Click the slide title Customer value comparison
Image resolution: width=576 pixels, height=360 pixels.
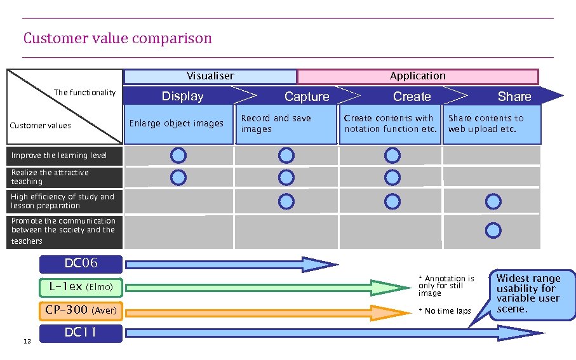[117, 39]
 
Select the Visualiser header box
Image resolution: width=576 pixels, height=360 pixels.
[210, 76]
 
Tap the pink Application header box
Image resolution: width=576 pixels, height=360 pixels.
[417, 76]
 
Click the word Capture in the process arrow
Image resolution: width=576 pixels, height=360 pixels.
[307, 97]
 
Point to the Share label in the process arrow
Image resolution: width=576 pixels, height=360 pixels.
[514, 97]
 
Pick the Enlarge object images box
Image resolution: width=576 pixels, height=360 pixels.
[177, 124]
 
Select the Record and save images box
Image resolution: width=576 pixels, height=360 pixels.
[286, 124]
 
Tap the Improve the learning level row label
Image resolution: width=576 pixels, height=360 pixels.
[65, 156]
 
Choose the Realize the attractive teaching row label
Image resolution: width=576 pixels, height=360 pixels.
[65, 177]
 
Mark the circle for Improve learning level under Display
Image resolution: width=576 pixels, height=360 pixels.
[179, 156]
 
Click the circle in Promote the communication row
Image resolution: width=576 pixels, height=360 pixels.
[493, 229]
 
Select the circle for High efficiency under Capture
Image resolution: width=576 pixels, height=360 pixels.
[286, 202]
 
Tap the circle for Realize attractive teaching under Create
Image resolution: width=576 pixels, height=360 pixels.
[392, 178]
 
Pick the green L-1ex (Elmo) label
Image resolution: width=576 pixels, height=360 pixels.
[81, 287]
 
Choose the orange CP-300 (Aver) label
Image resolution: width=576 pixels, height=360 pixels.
[81, 310]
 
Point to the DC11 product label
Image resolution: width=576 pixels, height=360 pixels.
[81, 333]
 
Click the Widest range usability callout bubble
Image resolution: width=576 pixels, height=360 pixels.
[528, 294]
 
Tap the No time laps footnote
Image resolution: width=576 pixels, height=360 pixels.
[445, 311]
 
